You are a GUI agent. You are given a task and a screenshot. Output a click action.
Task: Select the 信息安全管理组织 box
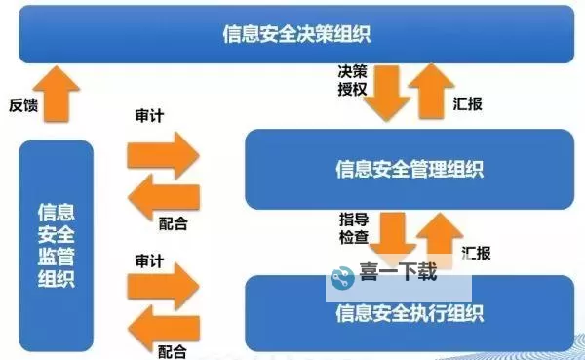pos(409,169)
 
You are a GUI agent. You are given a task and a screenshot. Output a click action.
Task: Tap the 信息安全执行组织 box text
pos(409,313)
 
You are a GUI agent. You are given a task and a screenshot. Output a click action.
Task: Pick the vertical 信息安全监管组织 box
pos(57,244)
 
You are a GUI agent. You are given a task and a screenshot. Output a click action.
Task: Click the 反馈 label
pos(23,104)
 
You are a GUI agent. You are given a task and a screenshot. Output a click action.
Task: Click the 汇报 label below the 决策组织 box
pos(469,101)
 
